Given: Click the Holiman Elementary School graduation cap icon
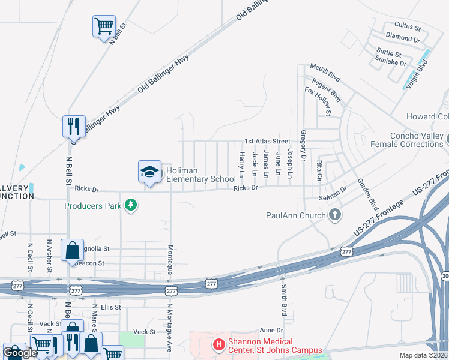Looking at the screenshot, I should [x=150, y=172].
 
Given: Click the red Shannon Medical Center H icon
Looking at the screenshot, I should [x=219, y=346].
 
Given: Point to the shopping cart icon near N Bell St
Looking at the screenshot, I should [x=104, y=26].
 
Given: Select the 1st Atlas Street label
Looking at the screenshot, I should [x=267, y=142].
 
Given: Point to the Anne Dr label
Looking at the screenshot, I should [x=271, y=331].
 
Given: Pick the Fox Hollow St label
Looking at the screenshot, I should [x=318, y=101].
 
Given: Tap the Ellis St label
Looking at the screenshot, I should [x=110, y=307].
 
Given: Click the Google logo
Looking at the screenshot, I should [x=20, y=353].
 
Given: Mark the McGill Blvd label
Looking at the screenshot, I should [x=325, y=73].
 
